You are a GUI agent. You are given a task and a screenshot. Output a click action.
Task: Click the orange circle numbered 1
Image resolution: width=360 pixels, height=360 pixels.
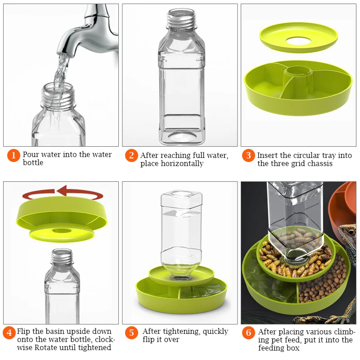[x=13, y=155]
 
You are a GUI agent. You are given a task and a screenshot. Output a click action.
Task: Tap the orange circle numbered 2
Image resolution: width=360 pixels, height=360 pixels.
[x=131, y=155]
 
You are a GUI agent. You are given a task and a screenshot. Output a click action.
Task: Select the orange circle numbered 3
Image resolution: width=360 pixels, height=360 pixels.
[x=248, y=155]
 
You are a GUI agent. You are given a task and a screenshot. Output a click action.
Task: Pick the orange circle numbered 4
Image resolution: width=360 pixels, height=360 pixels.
[x=9, y=333]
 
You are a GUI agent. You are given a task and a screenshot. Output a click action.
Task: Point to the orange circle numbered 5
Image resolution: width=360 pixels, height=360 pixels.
[x=131, y=333]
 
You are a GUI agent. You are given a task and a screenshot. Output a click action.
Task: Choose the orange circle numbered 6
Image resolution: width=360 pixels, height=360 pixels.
[x=249, y=333]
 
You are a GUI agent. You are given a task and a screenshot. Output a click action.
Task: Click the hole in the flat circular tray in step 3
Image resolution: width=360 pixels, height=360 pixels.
[x=298, y=41]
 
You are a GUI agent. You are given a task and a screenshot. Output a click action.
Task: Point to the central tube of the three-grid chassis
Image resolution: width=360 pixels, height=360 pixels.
[x=298, y=78]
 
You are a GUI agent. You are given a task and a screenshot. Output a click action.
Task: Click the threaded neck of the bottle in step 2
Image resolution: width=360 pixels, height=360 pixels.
[x=181, y=18]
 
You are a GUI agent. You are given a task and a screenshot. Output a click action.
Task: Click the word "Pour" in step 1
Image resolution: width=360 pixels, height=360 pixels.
[x=30, y=154]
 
